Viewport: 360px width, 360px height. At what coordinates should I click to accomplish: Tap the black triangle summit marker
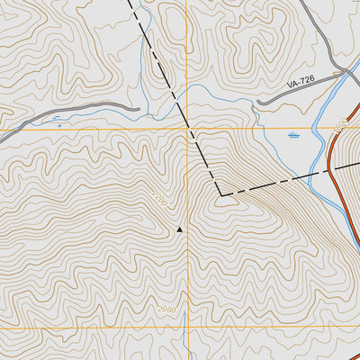click(179, 229)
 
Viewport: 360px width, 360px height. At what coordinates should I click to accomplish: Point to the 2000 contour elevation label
click(166, 310)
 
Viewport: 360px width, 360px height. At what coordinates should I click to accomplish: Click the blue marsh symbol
click(293, 135)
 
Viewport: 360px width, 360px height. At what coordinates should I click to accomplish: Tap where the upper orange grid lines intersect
click(187, 130)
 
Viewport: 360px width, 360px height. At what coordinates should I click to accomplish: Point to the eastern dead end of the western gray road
click(139, 109)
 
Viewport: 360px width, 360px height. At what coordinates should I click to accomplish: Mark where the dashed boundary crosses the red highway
click(330, 167)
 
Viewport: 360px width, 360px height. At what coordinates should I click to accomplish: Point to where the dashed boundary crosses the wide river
click(310, 173)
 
